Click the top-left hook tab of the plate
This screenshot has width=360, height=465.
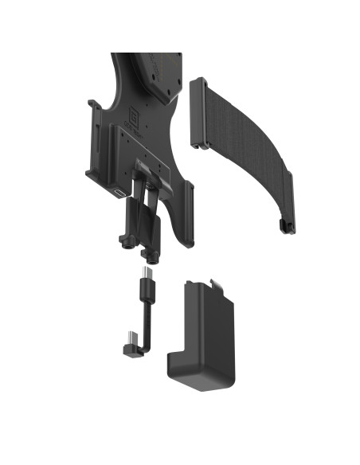coord(92,105)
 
